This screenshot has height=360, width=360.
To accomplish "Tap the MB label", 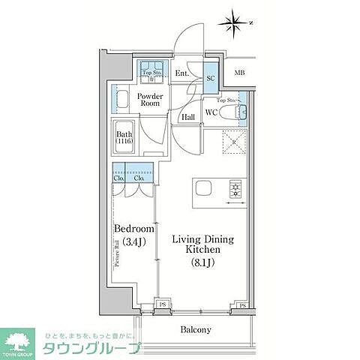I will (239, 73).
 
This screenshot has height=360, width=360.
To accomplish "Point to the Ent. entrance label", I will (181, 73).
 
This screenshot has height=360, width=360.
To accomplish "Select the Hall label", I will (189, 117).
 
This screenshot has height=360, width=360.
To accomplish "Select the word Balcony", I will (196, 329).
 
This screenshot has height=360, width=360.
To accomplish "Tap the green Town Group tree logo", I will (19, 342).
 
